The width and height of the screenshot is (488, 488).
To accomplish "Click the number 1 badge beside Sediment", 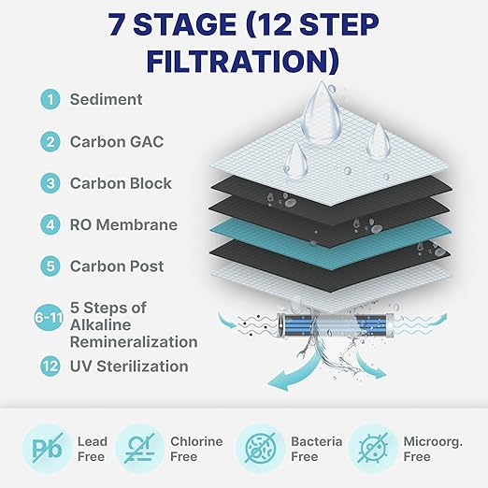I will point(49,100).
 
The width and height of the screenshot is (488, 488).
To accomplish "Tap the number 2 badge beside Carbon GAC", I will point(49,142).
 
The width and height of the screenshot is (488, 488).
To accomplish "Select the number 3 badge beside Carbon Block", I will point(49,183).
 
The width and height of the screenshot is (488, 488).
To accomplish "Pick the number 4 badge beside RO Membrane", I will point(49,225).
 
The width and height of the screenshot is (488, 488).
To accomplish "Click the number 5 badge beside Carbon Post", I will point(49,266).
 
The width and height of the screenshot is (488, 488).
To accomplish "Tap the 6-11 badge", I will point(49,318).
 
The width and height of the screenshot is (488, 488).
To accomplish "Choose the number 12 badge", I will point(49,366).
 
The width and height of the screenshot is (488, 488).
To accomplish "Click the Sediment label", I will point(106,100).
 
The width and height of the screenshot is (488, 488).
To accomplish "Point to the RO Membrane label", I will point(123,225).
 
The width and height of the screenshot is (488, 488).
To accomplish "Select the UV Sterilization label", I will point(129,366).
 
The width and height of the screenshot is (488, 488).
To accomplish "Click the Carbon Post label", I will point(117,266).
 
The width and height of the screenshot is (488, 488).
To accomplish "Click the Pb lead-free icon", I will point(44,448).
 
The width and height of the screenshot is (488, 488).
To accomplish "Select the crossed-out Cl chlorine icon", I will point(140,448).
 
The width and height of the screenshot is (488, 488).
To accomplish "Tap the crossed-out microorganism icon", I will point(373,448).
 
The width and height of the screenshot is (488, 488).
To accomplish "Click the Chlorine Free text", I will point(196,449).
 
